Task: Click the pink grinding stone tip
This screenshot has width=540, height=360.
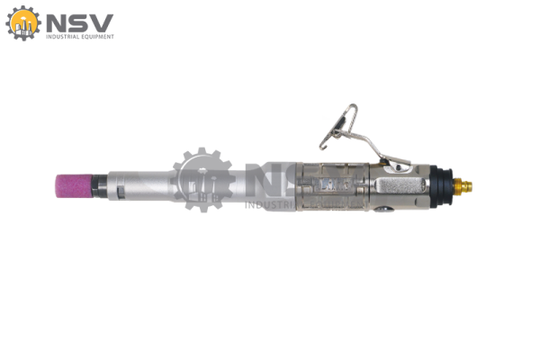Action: (x=74, y=186)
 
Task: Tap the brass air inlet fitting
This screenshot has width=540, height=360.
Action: (x=463, y=186)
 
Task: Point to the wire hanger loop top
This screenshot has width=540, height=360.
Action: (x=352, y=106)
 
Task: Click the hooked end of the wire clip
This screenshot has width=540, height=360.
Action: (x=322, y=146)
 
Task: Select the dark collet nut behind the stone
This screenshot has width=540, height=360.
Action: (x=100, y=186)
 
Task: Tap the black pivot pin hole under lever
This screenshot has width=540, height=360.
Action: (x=398, y=167)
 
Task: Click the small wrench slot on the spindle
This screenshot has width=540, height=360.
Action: (x=120, y=191)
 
